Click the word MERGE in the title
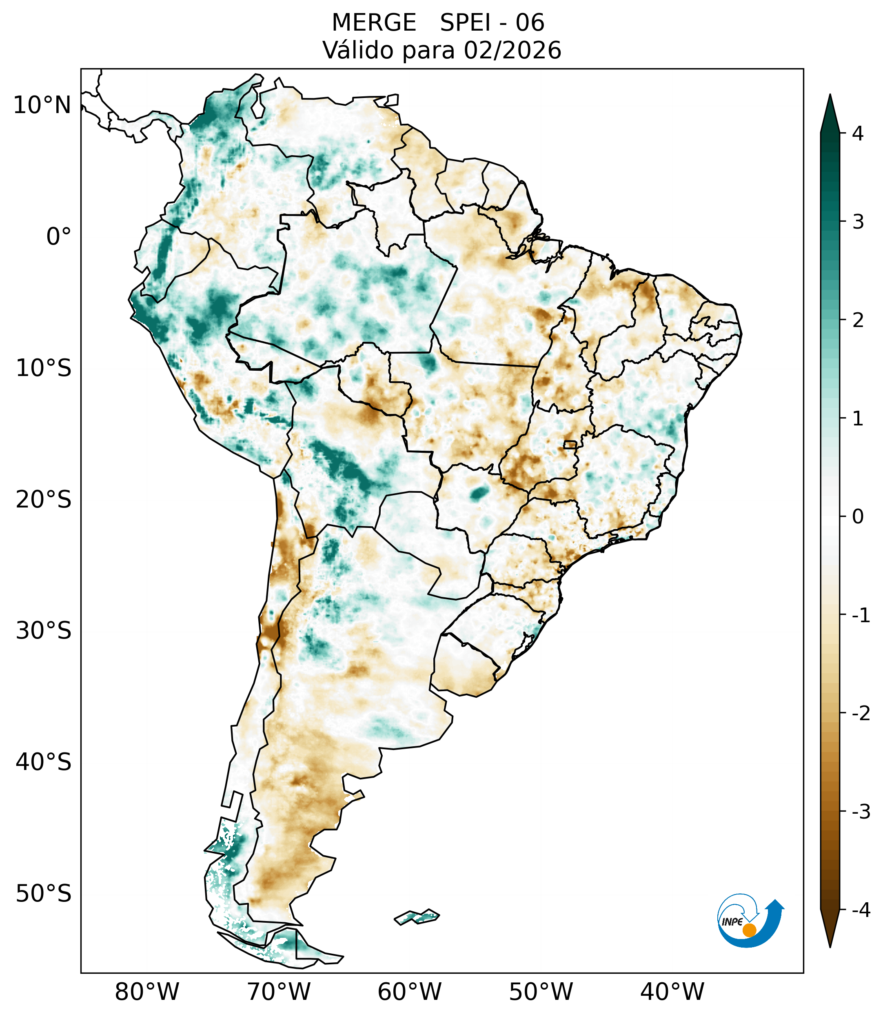click(x=373, y=23)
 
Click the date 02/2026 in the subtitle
click(x=512, y=50)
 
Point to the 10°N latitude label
click(x=42, y=105)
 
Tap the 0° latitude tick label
click(x=59, y=237)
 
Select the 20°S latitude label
click(x=44, y=500)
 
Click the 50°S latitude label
click(x=44, y=894)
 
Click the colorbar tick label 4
click(x=858, y=134)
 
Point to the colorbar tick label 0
click(x=858, y=517)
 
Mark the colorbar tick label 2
click(x=858, y=320)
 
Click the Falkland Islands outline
click(x=417, y=917)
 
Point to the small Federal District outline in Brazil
click(x=570, y=444)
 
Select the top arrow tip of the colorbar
click(x=830, y=96)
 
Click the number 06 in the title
click(x=530, y=23)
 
